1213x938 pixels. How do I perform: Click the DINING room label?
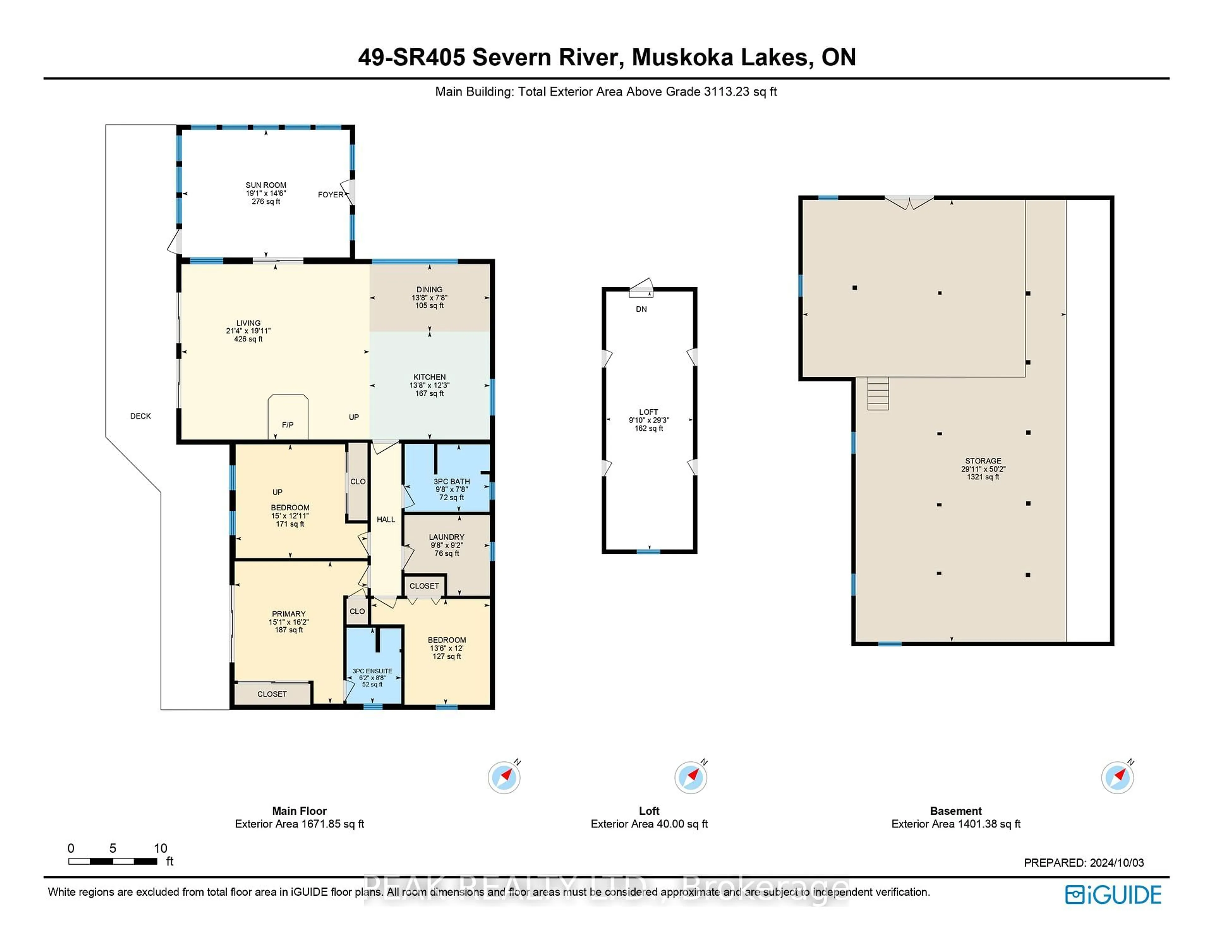[429, 289]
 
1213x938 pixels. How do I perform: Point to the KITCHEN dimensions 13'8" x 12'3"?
[429, 385]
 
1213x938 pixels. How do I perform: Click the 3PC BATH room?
[451, 489]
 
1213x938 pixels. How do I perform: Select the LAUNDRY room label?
[447, 537]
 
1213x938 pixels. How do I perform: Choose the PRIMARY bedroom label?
[288, 614]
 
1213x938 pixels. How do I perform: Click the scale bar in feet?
[113, 861]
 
